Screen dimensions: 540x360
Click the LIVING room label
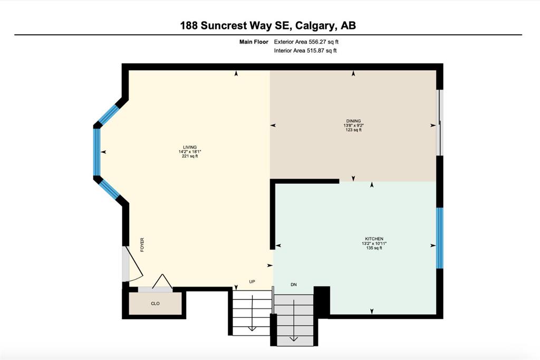click(x=190, y=147)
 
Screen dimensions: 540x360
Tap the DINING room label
click(x=353, y=121)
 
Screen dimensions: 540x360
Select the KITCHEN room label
click(x=374, y=239)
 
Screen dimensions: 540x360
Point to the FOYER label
click(x=142, y=245)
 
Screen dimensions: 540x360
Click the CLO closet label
click(x=156, y=304)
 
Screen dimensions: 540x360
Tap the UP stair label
click(x=252, y=281)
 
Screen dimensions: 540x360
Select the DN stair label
click(x=294, y=285)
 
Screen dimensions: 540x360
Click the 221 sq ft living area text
click(x=190, y=156)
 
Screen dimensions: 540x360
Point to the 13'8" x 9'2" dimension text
click(x=353, y=125)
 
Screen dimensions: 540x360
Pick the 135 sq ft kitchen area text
click(x=374, y=248)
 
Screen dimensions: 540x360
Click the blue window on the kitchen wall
click(x=440, y=238)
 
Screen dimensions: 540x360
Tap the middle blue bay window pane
click(x=97, y=152)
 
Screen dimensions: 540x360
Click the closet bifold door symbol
click(x=162, y=281)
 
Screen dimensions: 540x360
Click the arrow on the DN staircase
click(x=293, y=320)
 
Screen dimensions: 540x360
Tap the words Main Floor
click(x=254, y=42)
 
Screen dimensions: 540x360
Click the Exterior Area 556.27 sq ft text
click(x=306, y=42)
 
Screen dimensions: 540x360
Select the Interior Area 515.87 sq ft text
click(x=305, y=51)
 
